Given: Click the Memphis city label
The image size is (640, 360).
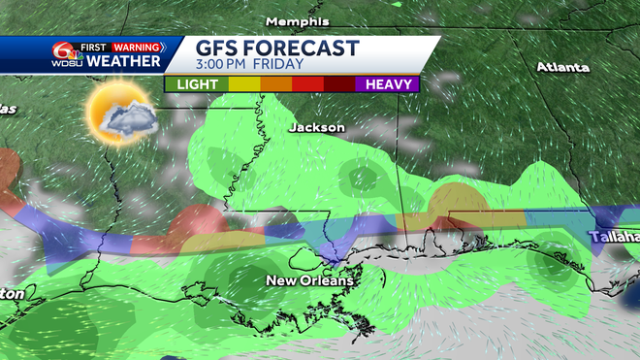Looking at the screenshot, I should click(x=298, y=20).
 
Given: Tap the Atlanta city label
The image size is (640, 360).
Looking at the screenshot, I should click(x=562, y=67).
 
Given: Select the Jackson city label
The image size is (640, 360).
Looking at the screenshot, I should click(x=316, y=127).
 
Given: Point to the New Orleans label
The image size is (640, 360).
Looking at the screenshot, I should click(x=310, y=280).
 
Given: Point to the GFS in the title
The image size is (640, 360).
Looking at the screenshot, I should click(x=218, y=49).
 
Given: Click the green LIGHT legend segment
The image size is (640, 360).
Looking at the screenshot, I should click(x=196, y=84).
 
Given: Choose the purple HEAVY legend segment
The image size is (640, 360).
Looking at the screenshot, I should click(x=388, y=84).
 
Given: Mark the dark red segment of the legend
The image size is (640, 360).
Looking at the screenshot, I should click(x=339, y=84).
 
